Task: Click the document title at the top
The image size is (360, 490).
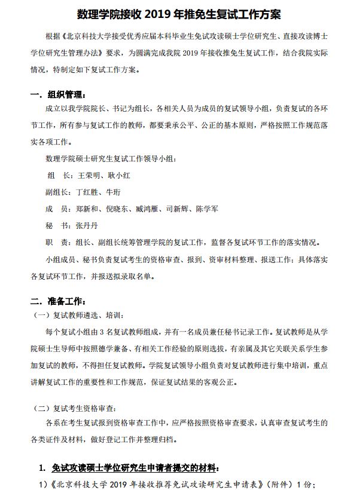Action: (x=179, y=13)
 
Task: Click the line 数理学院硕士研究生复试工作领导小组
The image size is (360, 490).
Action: (x=111, y=159)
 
